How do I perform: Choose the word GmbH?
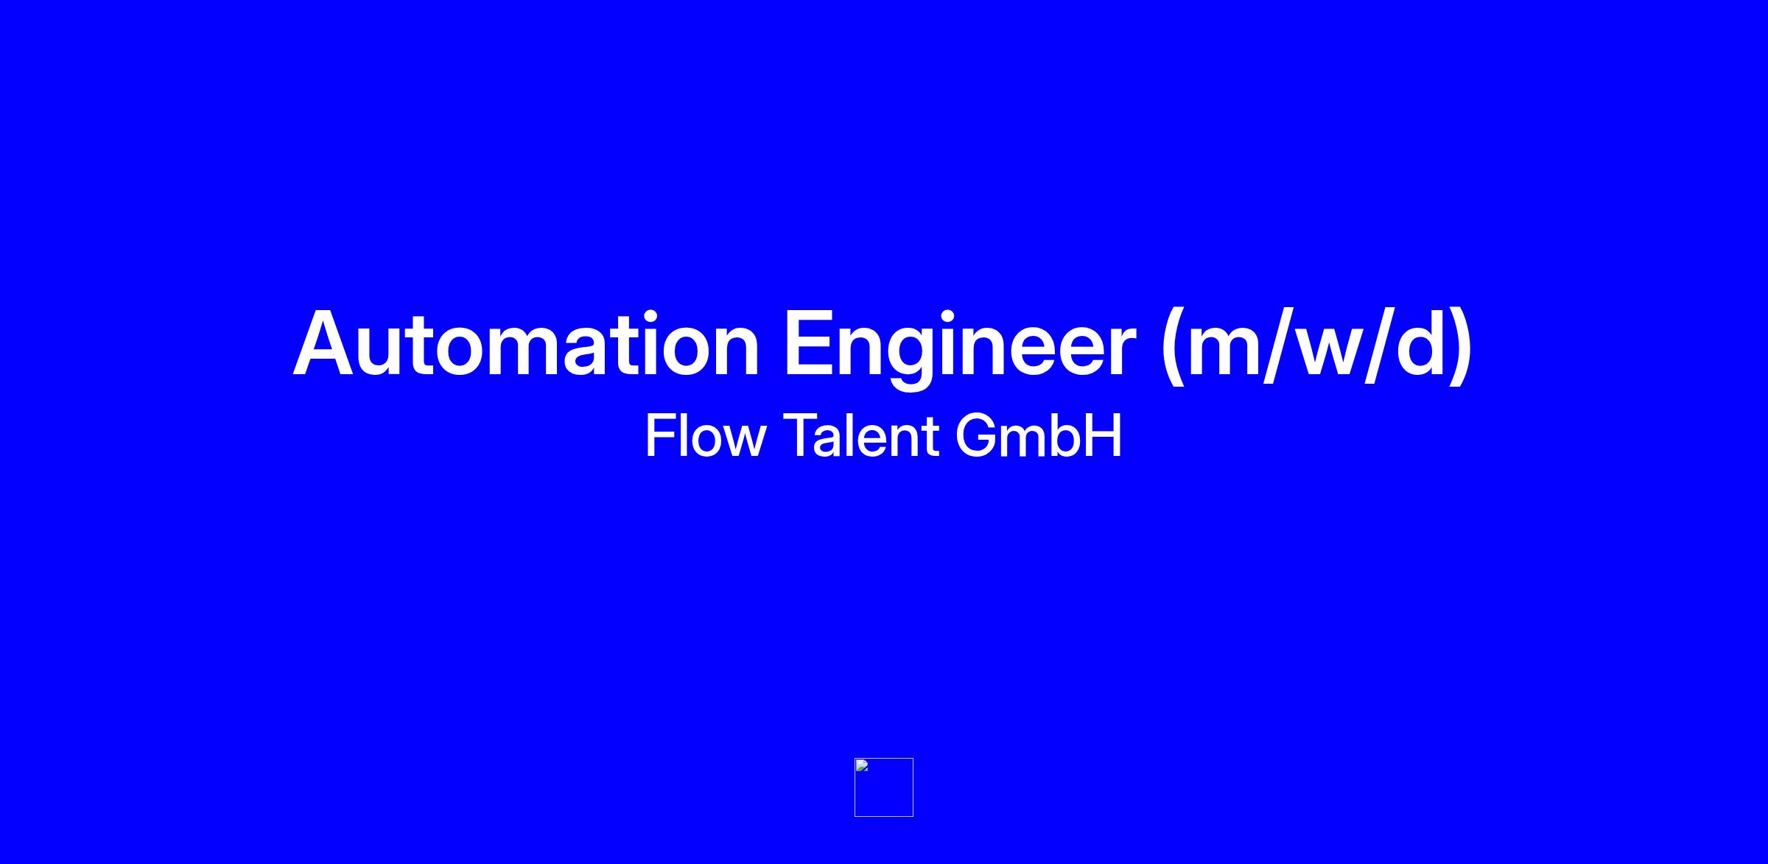point(1039,435)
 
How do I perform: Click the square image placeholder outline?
point(855,787)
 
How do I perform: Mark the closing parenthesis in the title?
point(1461,346)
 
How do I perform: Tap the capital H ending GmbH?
point(1103,435)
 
